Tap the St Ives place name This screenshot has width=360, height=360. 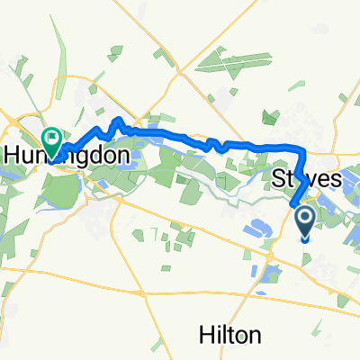pos(306,180)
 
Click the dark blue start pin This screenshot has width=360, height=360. pos(303,222)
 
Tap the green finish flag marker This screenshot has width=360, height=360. pos(50,140)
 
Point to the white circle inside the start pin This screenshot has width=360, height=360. pos(303,217)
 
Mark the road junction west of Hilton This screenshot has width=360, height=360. pos(141,292)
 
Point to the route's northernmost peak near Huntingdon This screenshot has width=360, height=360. pos(116,121)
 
